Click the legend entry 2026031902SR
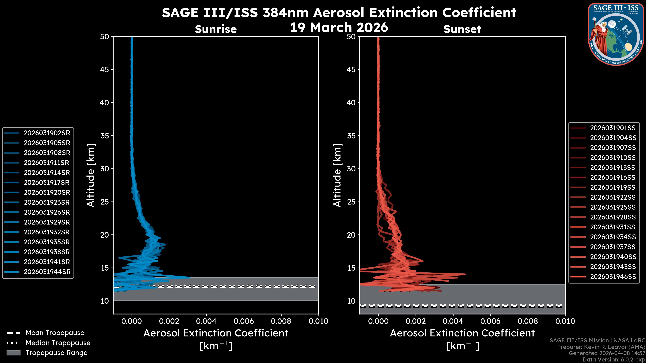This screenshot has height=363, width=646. (47, 133)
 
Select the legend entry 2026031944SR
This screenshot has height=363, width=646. (47, 272)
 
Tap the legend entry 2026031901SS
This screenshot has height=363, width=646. (613, 128)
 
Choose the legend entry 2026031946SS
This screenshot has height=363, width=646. (613, 277)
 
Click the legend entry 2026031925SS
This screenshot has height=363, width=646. (613, 207)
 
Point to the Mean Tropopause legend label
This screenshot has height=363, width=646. (55, 333)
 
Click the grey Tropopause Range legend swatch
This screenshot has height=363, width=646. (13, 353)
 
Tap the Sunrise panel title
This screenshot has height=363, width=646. (216, 29)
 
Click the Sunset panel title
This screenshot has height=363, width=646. (462, 29)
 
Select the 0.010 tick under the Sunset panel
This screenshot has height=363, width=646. (565, 321)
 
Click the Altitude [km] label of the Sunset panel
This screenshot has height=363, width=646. (337, 175)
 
